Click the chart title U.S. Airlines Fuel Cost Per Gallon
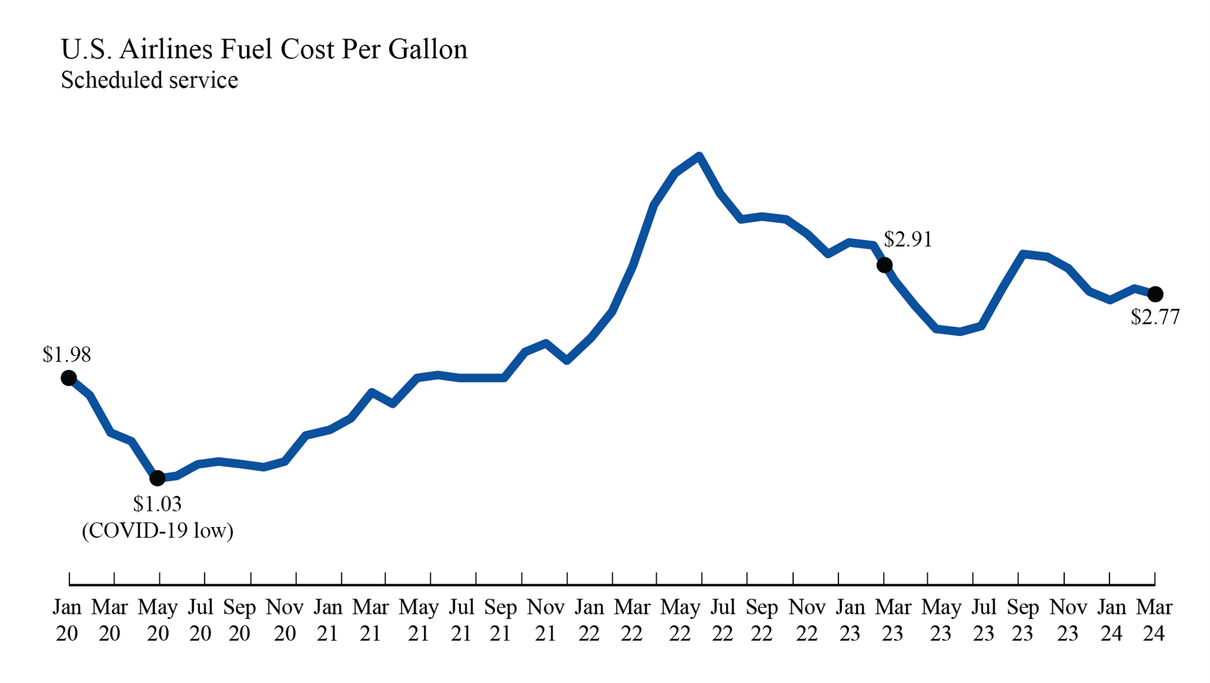tap(264, 50)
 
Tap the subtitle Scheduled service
tap(149, 80)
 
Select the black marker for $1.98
tap(69, 378)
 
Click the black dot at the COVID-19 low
tap(158, 478)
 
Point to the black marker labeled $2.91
tap(884, 265)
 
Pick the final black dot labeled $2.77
tap(1155, 294)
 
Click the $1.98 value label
tap(66, 355)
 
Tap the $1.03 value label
tap(157, 504)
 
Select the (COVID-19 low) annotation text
tap(158, 530)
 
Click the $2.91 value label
tap(907, 239)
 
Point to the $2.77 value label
tap(1154, 317)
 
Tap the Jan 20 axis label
tap(67, 620)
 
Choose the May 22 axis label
tap(679, 620)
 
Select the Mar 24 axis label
tap(1154, 620)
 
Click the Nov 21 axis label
tap(545, 620)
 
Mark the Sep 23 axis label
tap(1022, 620)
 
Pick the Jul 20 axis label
tap(200, 620)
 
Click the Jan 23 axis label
tap(849, 620)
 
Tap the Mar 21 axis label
tap(370, 620)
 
